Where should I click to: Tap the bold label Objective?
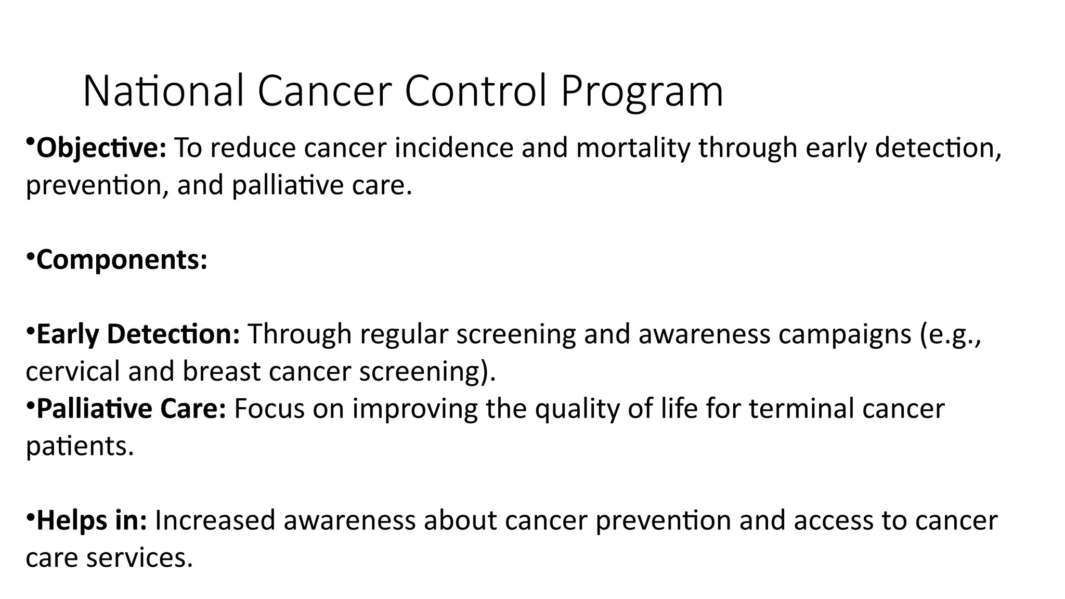[x=101, y=148]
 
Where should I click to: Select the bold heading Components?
[x=122, y=259]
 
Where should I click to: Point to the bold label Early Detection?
[x=138, y=334]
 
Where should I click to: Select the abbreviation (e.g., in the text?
[x=950, y=335]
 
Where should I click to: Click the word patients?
[x=80, y=446]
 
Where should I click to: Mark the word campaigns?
[x=845, y=335]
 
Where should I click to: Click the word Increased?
[x=215, y=520]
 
